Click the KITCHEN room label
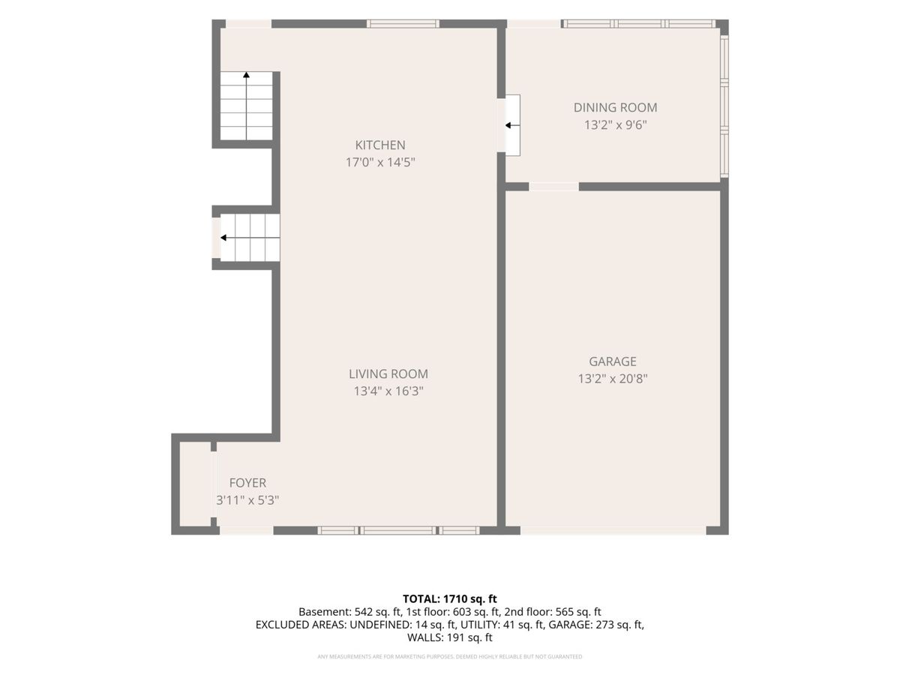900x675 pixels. [x=380, y=145]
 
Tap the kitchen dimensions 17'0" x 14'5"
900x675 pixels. [x=380, y=163]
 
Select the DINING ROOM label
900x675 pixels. [x=615, y=108]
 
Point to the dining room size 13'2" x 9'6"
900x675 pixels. [x=615, y=125]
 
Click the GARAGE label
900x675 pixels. [x=613, y=361]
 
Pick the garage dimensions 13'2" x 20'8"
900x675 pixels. [x=613, y=379]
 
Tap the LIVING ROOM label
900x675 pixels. [x=388, y=373]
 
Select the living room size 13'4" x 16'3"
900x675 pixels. [x=388, y=391]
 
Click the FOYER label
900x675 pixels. [x=247, y=483]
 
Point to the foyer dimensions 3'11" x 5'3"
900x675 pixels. [x=247, y=500]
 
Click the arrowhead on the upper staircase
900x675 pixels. [x=247, y=75]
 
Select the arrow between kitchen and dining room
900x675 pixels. [x=512, y=125]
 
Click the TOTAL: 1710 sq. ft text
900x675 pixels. [x=450, y=598]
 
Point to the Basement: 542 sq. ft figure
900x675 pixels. [x=349, y=612]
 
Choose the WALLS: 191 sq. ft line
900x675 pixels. [x=450, y=637]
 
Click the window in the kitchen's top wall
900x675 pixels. [x=403, y=24]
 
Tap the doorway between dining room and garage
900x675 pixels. [x=554, y=187]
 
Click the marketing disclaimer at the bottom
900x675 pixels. [x=450, y=656]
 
